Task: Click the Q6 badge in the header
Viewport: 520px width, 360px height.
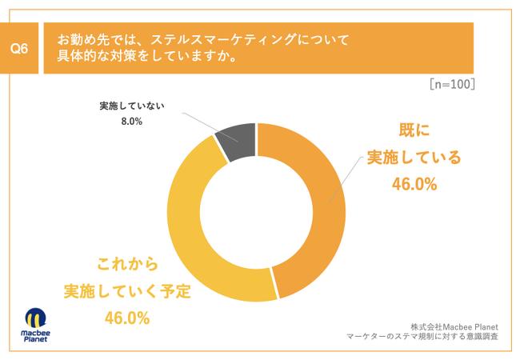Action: click(20, 49)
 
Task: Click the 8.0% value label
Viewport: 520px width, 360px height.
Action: click(131, 122)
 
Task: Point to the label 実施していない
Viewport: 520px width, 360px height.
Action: click(131, 106)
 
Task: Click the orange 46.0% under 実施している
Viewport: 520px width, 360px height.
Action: click(414, 185)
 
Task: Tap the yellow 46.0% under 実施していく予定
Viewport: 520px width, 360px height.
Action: click(127, 318)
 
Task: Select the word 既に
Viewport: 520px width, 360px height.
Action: click(414, 130)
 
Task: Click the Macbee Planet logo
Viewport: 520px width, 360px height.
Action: click(34, 324)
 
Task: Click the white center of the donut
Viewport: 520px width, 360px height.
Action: click(257, 212)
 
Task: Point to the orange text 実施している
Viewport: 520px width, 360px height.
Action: click(414, 157)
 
